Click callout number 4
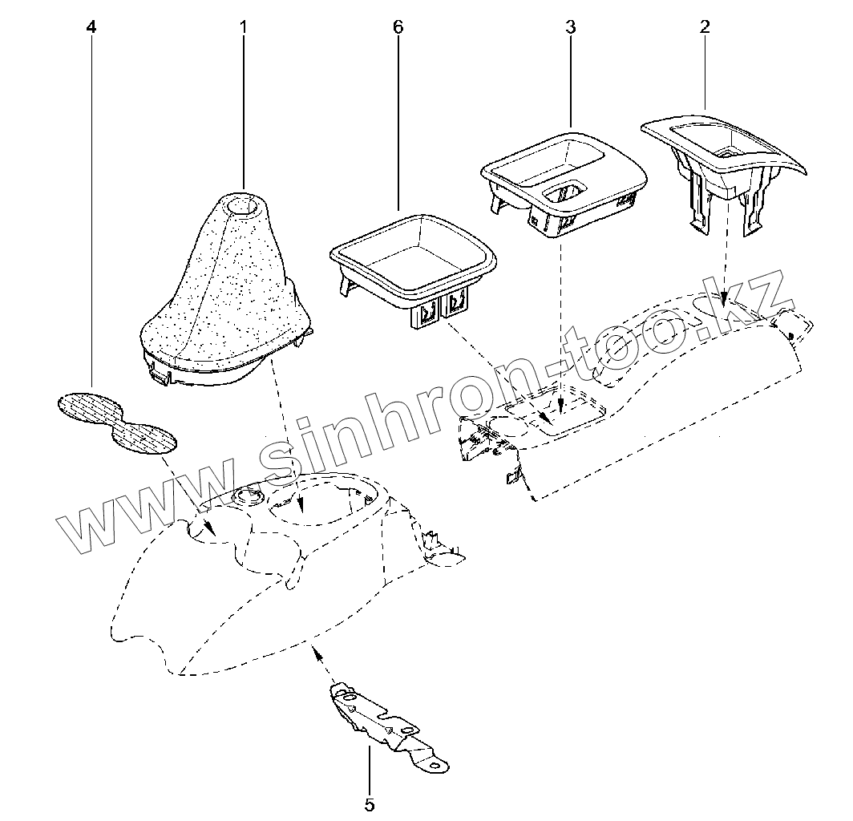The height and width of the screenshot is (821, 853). pos(91,26)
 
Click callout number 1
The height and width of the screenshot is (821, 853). pos(243,26)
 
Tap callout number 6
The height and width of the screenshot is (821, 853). pos(398,26)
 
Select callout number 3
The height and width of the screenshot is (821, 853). pos(570,26)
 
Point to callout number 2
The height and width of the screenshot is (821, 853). pos(705,26)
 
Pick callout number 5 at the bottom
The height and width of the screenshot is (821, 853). pos(370,804)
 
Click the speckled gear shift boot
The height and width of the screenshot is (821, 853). pos(223,293)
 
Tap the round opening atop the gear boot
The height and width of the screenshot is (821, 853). pos(244,206)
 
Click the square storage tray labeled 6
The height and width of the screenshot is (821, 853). pos(414,261)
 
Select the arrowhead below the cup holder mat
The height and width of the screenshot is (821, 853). pos(208,526)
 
